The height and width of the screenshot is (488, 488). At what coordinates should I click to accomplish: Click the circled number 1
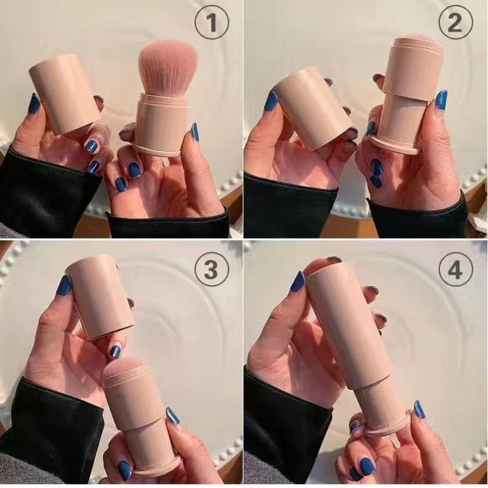pyautogui.click(x=211, y=24)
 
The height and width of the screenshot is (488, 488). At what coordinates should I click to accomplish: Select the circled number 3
pyautogui.click(x=211, y=269)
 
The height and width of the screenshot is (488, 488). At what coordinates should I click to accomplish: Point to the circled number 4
pyautogui.click(x=455, y=269)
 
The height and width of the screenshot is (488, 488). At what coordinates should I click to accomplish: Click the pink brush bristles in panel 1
pyautogui.click(x=168, y=67)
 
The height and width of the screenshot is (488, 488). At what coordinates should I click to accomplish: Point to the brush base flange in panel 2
pyautogui.click(x=396, y=146)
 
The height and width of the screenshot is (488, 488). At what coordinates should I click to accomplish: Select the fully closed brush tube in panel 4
pyautogui.click(x=354, y=342)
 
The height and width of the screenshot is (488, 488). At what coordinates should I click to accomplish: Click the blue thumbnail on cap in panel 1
pyautogui.click(x=34, y=103)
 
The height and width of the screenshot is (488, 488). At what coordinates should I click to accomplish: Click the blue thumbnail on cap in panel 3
pyautogui.click(x=64, y=285)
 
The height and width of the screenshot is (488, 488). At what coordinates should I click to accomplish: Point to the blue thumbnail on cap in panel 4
pyautogui.click(x=298, y=281)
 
